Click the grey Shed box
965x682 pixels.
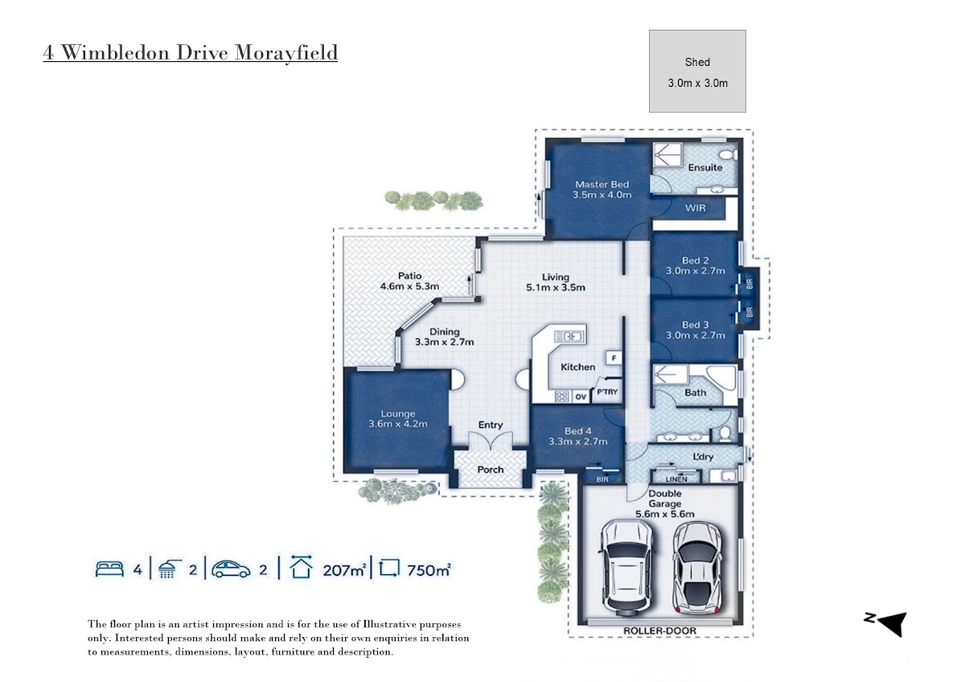tap(697, 71)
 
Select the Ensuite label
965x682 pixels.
tap(704, 167)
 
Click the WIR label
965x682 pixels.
tap(696, 208)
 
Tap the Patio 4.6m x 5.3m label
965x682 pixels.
tap(409, 281)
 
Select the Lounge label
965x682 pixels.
tap(397, 414)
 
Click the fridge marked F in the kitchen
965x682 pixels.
tap(614, 358)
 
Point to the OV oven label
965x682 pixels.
tap(581, 396)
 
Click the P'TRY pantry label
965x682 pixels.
tap(607, 392)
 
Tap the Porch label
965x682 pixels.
tap(491, 470)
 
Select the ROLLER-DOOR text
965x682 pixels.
tap(659, 631)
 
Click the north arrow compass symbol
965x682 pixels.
tap(888, 623)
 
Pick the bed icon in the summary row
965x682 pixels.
tap(109, 569)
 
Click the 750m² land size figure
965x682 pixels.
tap(428, 570)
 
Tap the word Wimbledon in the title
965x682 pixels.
tap(116, 52)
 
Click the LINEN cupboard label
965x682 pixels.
tap(676, 479)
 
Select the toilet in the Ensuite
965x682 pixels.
tap(729, 154)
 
